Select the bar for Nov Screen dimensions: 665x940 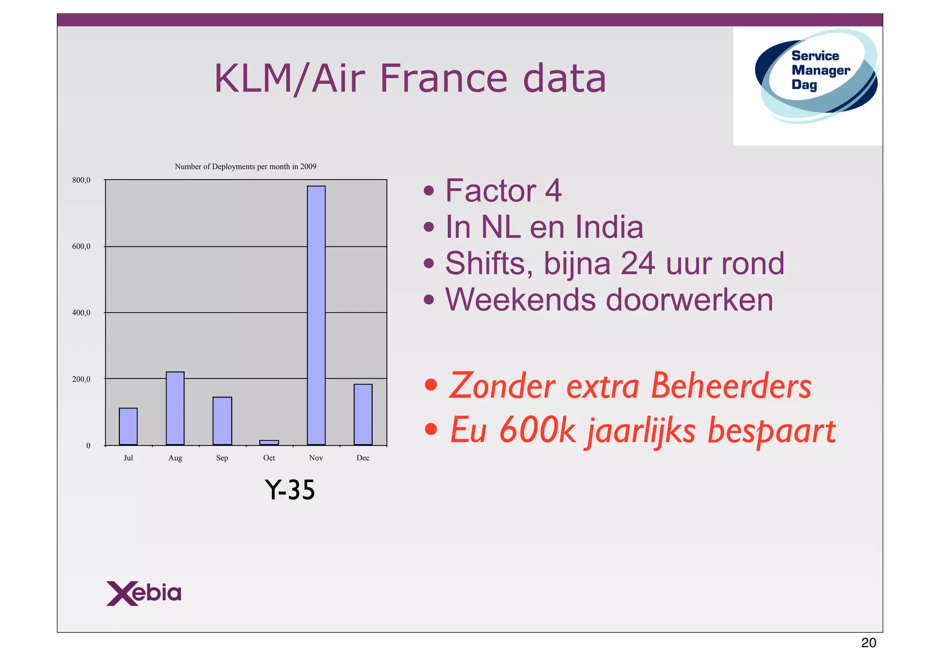coord(316,315)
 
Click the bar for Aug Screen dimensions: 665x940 coord(175,408)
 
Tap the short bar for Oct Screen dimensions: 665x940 coord(269,443)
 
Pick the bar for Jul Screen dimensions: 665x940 coord(128,426)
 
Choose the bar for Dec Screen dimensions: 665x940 coord(363,414)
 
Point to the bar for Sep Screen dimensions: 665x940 coord(222,421)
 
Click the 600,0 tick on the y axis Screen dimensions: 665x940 coord(81,247)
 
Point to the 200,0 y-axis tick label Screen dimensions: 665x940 coord(81,379)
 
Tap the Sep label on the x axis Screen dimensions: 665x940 coord(222,458)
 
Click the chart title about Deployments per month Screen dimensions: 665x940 coord(246,167)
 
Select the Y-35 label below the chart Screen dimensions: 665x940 coord(290,490)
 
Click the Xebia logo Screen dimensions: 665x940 coord(144,593)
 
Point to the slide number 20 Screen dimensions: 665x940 coord(868,643)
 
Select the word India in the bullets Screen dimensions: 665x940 coord(609,227)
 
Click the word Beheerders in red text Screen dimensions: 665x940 coord(731,386)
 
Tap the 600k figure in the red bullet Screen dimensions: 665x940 coord(537,430)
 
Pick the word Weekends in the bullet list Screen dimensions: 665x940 coord(521,300)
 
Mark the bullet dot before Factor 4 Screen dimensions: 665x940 coord(429,191)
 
